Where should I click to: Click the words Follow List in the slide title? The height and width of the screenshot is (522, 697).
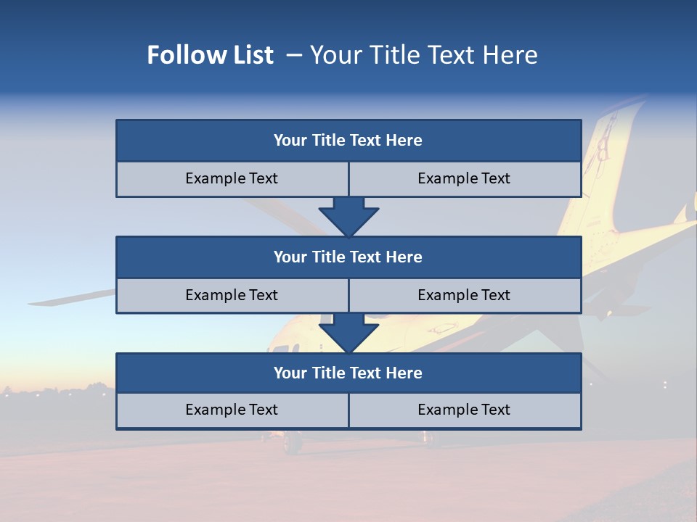tap(210, 55)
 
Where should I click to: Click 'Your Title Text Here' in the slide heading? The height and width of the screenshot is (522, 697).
tap(423, 55)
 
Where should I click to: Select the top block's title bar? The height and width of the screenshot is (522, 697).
tap(348, 141)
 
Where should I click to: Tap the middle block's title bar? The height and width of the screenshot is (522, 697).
tap(348, 257)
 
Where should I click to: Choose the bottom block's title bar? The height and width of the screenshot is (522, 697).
tap(348, 373)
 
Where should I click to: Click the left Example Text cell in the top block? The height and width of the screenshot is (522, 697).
tap(232, 178)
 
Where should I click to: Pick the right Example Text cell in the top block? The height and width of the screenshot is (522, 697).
tap(464, 178)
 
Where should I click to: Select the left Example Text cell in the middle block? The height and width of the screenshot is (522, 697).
tap(232, 295)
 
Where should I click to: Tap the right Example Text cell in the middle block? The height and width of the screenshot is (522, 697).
tap(464, 295)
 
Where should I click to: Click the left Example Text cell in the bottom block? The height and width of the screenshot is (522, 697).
tap(232, 410)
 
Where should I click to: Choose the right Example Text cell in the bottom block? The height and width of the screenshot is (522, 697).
tap(464, 410)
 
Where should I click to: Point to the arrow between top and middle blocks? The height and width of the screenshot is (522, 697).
tap(348, 216)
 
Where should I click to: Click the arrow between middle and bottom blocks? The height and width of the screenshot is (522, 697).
tap(348, 333)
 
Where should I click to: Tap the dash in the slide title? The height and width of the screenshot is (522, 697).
tap(294, 55)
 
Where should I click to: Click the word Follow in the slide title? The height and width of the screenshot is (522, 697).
tap(179, 55)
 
